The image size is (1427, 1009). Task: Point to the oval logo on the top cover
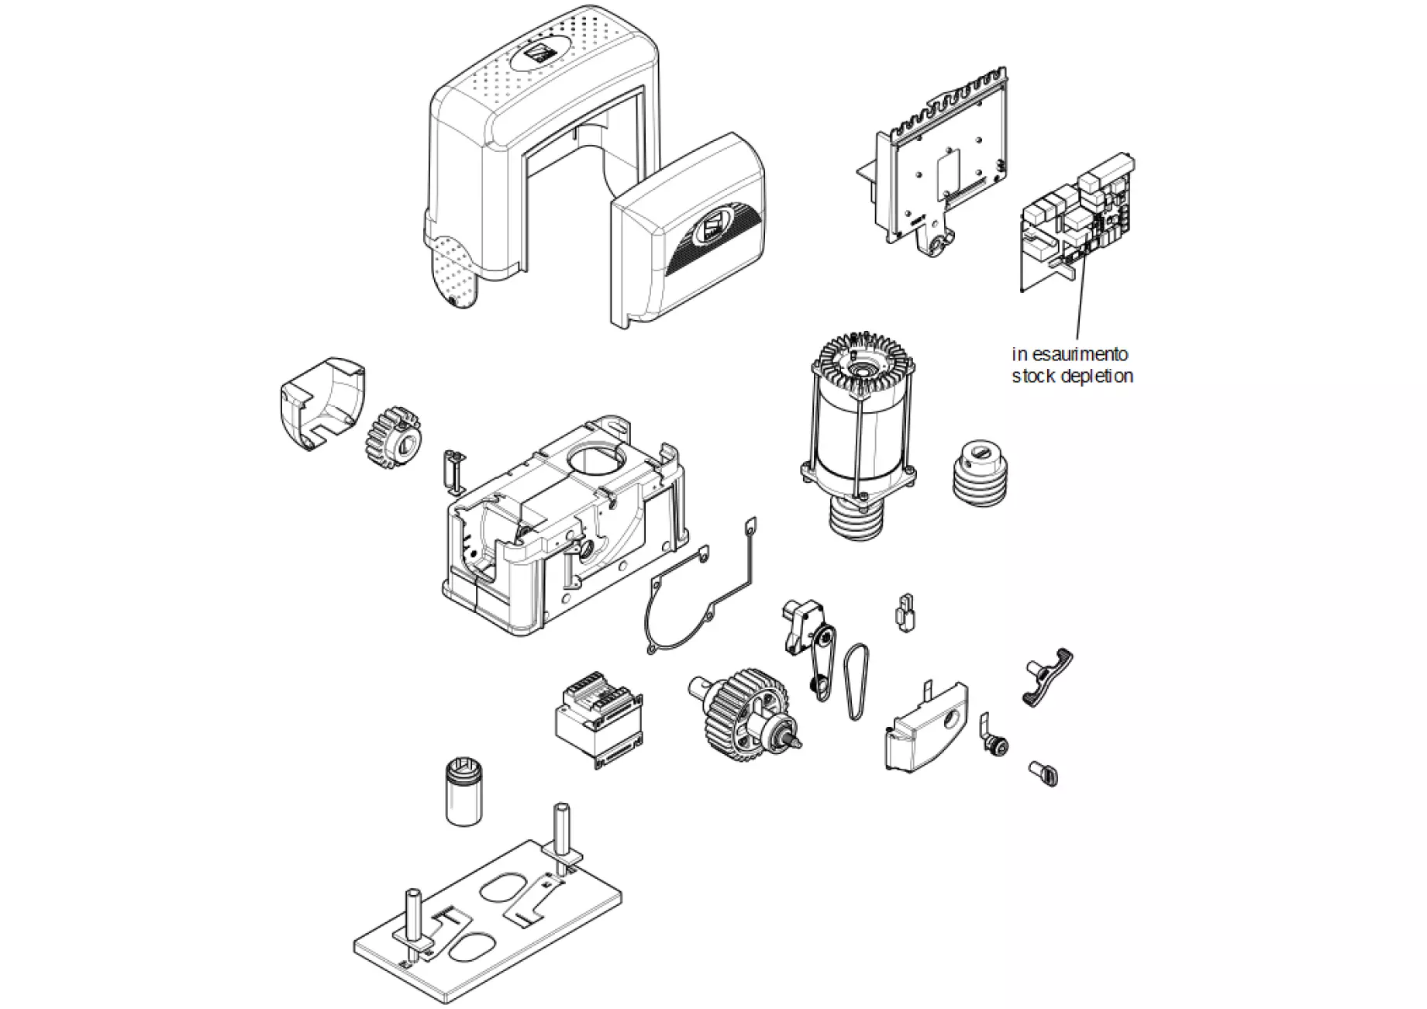[x=536, y=57]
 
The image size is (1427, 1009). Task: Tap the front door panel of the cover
[x=686, y=232]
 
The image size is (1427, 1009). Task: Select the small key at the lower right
[x=1045, y=773]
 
